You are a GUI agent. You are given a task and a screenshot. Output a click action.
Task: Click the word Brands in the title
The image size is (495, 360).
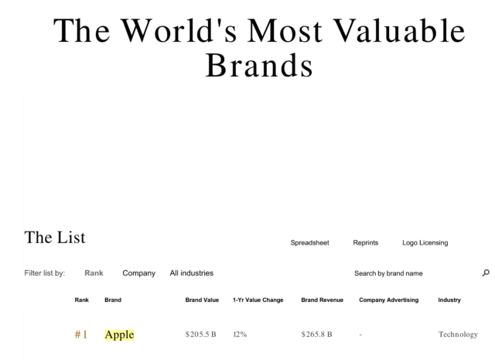(x=259, y=65)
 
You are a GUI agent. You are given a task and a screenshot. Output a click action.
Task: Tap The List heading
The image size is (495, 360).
(x=55, y=238)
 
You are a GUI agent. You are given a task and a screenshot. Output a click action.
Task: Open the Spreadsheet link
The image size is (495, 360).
(x=309, y=243)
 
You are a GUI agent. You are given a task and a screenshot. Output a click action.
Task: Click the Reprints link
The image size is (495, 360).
(x=366, y=243)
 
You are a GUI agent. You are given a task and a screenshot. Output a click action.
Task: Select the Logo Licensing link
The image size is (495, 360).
(x=425, y=243)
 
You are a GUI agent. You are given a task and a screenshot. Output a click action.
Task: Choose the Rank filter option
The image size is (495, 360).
(x=94, y=273)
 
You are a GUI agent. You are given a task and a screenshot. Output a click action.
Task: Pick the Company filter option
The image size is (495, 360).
(x=139, y=273)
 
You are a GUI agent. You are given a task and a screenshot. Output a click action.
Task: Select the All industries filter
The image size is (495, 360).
(x=192, y=273)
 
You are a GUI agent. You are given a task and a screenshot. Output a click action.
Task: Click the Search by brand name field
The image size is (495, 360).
(x=388, y=273)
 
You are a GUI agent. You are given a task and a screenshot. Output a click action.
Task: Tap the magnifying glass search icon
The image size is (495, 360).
(x=486, y=273)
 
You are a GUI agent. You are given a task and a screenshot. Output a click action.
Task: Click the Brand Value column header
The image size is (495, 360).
(x=202, y=300)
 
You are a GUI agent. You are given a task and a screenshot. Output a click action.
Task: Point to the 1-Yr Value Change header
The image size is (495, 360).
(x=258, y=300)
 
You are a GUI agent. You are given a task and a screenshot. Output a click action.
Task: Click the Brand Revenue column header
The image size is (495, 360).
(x=322, y=300)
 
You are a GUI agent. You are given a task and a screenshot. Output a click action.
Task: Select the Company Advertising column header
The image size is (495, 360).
(x=388, y=300)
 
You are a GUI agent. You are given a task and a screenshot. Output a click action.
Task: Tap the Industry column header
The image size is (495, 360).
(x=449, y=300)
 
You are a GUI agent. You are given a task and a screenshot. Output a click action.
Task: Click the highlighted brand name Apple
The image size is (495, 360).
(x=119, y=334)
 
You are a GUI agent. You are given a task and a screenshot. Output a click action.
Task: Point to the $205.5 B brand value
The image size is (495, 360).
(x=201, y=334)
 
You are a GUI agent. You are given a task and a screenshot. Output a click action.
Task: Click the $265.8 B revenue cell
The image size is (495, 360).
(x=316, y=334)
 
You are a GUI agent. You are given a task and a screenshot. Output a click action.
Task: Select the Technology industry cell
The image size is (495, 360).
(x=458, y=334)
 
